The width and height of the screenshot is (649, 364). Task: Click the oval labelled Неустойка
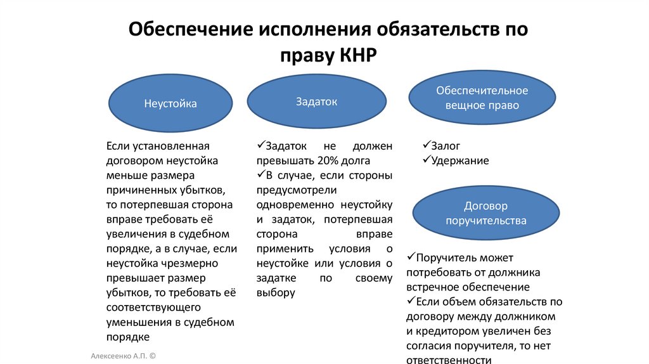170,103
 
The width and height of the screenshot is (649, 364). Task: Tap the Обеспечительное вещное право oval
482,98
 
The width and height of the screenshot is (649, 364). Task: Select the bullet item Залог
445,146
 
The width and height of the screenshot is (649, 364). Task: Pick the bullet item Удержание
459,160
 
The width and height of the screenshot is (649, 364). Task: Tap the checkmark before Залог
426,146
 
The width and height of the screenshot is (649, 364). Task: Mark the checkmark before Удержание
426,160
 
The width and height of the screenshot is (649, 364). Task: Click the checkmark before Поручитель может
411,258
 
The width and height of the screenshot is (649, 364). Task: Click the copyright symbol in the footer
152,357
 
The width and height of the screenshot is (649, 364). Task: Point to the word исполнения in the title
316,30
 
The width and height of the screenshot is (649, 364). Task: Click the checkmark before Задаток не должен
261,146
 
